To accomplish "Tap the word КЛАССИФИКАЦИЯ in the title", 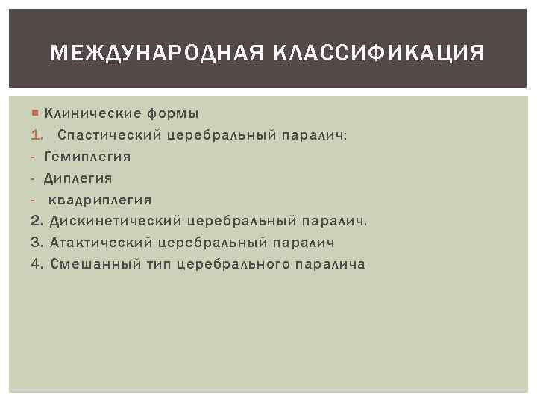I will (382, 53).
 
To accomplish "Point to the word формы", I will (173, 114).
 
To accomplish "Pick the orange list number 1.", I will (37, 135).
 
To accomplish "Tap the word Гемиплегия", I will (87, 157).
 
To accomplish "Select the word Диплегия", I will (78, 178).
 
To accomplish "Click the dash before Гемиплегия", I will (34, 157).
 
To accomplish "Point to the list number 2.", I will (37, 222).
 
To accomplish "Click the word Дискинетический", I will (115, 222).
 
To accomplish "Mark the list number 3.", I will (37, 243).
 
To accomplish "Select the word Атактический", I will (101, 243).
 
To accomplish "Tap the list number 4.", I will (37, 264).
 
